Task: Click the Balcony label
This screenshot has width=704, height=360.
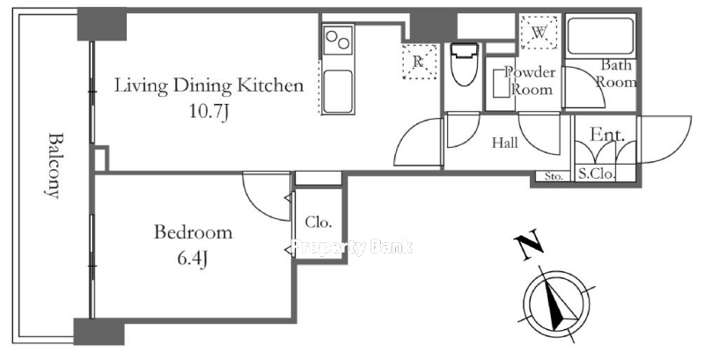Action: pyautogui.click(x=53, y=165)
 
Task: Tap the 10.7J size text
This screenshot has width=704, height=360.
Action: pyautogui.click(x=209, y=111)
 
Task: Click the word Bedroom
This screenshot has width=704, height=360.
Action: pyautogui.click(x=193, y=232)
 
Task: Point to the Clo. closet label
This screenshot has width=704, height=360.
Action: pyautogui.click(x=319, y=222)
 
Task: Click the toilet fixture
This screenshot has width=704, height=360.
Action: pyautogui.click(x=465, y=63)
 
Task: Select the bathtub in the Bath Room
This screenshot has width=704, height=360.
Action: pyautogui.click(x=601, y=36)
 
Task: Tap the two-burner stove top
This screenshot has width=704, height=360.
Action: pyautogui.click(x=338, y=40)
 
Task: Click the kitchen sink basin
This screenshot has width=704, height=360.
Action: pyautogui.click(x=338, y=92)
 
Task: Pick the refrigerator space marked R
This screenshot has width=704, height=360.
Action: pyautogui.click(x=419, y=62)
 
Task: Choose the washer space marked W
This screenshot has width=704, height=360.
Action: pyautogui.click(x=539, y=32)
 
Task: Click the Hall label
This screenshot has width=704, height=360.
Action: pyautogui.click(x=505, y=143)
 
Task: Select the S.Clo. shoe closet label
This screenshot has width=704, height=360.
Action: pyautogui.click(x=596, y=173)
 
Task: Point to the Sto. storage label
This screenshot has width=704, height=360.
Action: pyautogui.click(x=554, y=176)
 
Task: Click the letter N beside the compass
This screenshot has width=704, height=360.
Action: pyautogui.click(x=529, y=245)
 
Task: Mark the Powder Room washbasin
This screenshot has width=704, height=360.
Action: pyautogui.click(x=501, y=83)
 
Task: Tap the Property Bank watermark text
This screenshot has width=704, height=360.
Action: pyautogui.click(x=353, y=246)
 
